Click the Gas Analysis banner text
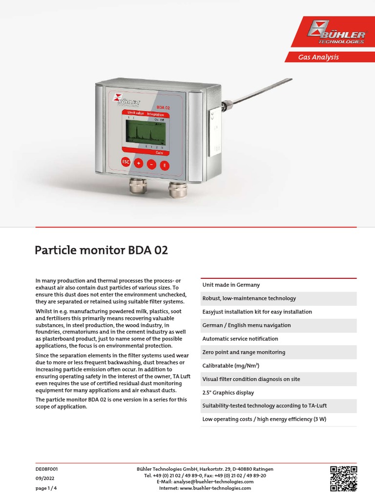tap(318, 57)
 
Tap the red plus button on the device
tap(138, 164)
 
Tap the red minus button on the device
tap(151, 165)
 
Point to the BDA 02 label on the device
tap(163, 107)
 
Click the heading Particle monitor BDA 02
tap(101, 250)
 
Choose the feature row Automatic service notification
tap(240, 339)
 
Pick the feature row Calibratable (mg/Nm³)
tap(231, 366)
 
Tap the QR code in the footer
tap(343, 478)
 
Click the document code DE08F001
tap(47, 469)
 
